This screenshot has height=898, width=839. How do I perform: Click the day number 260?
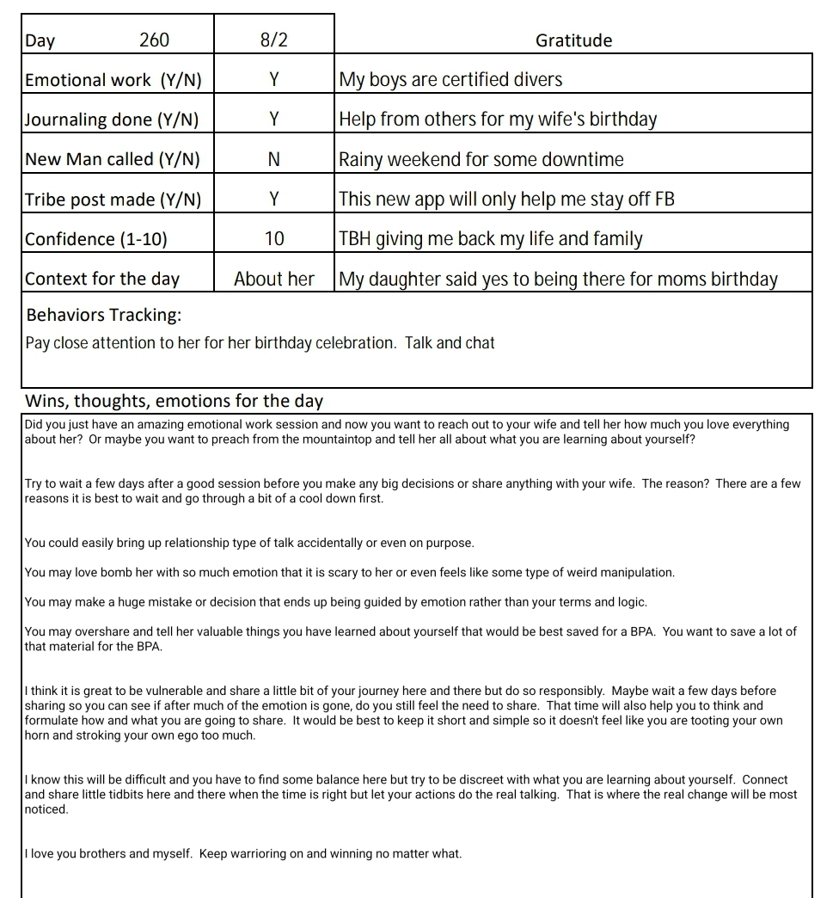coord(154,40)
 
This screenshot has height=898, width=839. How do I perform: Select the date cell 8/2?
coord(273,40)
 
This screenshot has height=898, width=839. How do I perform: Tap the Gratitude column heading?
coord(573,40)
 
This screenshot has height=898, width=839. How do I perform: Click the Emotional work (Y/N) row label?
coord(113,80)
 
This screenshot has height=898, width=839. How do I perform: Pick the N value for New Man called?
coord(273,159)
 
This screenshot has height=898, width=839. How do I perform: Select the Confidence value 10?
coord(273,239)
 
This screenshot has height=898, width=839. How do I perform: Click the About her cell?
coord(273,279)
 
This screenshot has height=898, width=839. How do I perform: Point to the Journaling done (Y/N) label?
coord(112,120)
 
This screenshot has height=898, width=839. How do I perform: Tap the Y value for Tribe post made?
coord(273,200)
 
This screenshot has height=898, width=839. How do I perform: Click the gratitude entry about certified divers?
coord(450,80)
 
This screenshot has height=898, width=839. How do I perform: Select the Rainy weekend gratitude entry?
coord(481,159)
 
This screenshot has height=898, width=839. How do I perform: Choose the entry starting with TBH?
coord(491,239)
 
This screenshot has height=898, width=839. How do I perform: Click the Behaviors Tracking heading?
coord(104,315)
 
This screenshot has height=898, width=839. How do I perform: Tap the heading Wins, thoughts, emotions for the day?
coord(174,401)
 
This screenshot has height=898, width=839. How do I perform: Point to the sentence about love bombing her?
coord(350,572)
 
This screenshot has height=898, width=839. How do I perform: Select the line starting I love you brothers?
coord(243,854)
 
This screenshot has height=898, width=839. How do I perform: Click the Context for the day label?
coord(102,279)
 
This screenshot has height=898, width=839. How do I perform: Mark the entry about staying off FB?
coord(506,200)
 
